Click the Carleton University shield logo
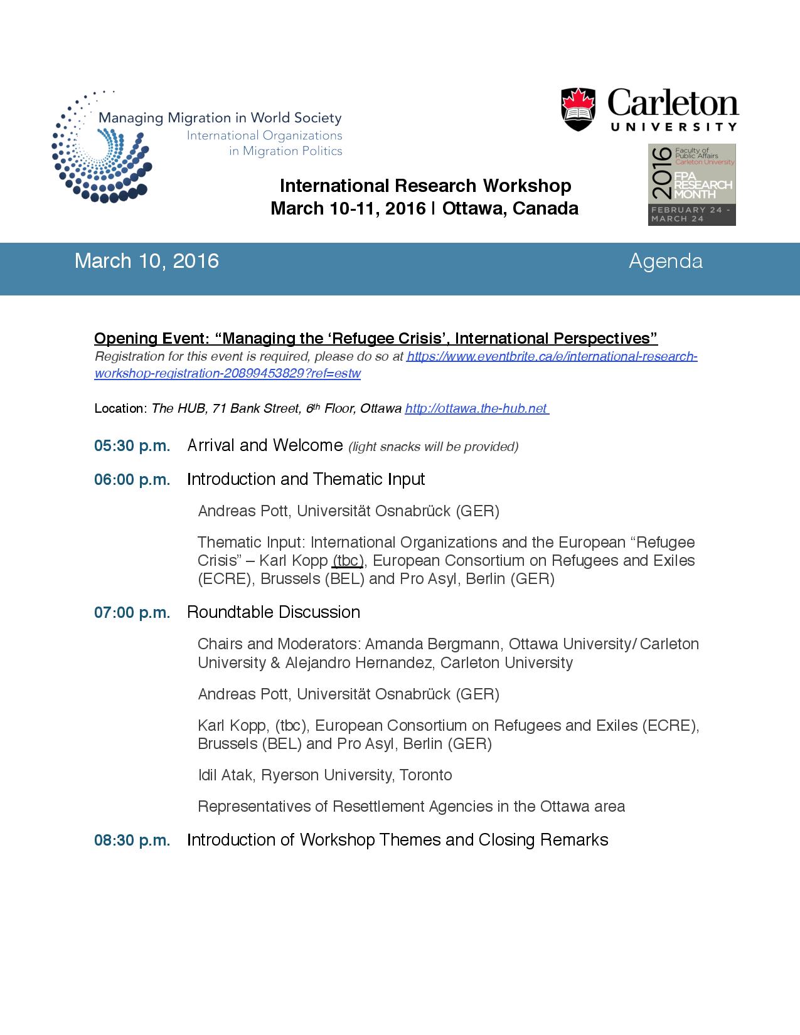click(x=578, y=109)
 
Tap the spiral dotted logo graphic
click(x=100, y=148)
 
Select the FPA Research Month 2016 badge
click(x=691, y=184)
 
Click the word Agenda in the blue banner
click(x=665, y=261)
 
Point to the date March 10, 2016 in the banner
click(x=147, y=261)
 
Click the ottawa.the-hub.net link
click(x=476, y=408)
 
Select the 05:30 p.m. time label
click(x=132, y=446)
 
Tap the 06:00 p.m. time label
click(x=132, y=480)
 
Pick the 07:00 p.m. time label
click(x=132, y=613)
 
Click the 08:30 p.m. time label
click(x=132, y=841)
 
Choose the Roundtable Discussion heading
click(x=274, y=612)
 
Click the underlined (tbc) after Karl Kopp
click(x=348, y=560)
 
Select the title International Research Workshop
click(x=425, y=186)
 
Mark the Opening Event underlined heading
click(x=375, y=339)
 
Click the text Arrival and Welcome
click(x=265, y=445)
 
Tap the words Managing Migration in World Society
click(x=220, y=117)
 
